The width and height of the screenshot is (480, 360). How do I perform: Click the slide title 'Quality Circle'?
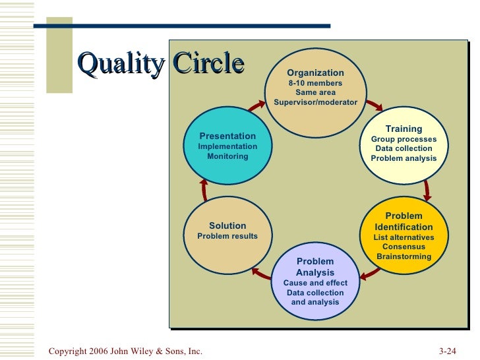point(161,64)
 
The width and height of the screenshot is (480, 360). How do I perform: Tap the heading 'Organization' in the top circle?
point(315,73)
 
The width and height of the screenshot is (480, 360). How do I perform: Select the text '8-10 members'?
point(315,83)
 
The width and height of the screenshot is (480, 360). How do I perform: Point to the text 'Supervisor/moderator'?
point(315,102)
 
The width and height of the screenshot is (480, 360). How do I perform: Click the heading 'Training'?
point(404,129)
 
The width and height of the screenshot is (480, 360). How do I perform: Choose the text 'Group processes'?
point(404,139)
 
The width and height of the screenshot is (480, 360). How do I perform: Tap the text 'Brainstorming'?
point(404,256)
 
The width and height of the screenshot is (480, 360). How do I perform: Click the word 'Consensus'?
point(404,247)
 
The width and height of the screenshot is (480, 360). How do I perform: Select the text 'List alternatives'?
point(404,237)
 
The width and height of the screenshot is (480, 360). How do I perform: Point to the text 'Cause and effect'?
point(315,283)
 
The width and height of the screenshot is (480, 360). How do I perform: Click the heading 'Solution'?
point(227,225)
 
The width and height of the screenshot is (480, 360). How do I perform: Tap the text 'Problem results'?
point(227,236)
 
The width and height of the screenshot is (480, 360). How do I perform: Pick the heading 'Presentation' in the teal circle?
point(227,136)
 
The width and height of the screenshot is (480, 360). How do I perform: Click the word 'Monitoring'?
point(227,156)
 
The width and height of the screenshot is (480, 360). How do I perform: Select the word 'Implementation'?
point(227,146)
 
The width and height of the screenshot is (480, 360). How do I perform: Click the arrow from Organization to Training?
point(374,104)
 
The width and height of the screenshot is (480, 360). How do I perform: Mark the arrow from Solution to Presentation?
point(204,190)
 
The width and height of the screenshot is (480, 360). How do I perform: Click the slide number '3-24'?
point(448,351)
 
